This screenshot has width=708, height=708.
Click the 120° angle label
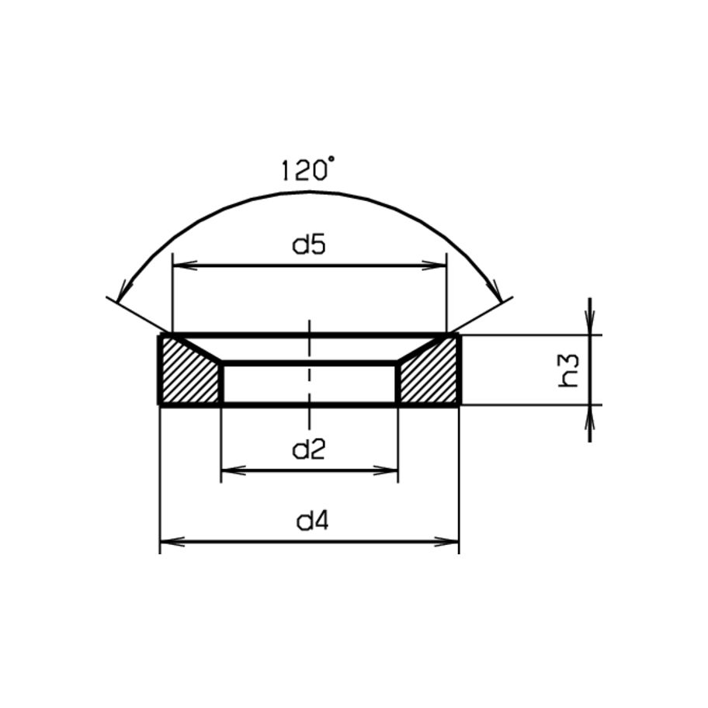point(309,169)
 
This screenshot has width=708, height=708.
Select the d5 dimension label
point(309,245)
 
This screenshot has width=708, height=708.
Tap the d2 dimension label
point(309,449)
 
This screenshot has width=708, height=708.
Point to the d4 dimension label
point(312,521)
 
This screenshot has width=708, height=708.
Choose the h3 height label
point(568,370)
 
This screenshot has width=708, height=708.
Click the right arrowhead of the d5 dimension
point(434,265)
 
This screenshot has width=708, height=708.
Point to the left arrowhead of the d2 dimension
point(233,471)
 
